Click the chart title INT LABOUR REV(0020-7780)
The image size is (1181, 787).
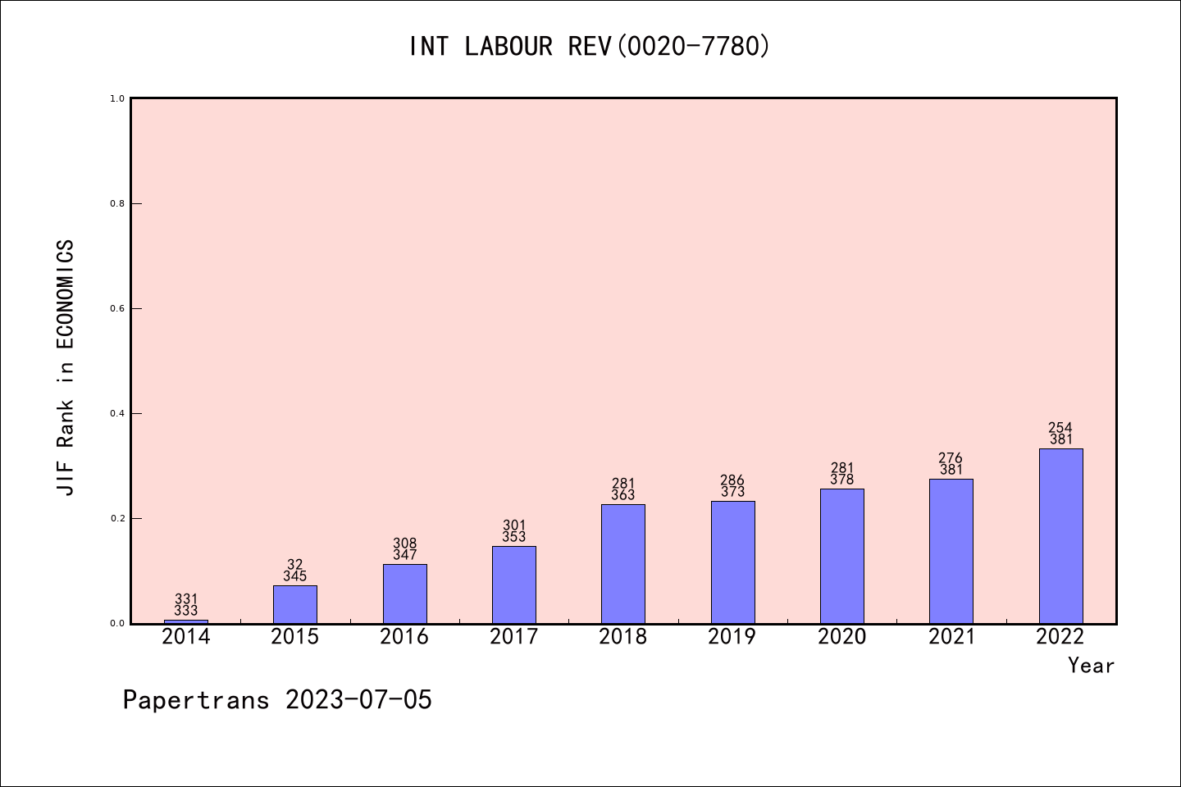(x=590, y=46)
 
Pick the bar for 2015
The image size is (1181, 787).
(x=295, y=604)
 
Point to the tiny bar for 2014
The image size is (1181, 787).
(x=186, y=621)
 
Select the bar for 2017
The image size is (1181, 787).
(x=514, y=585)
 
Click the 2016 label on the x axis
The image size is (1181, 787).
(x=404, y=637)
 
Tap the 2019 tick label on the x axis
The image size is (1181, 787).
(x=732, y=637)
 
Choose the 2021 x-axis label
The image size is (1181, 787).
(x=951, y=637)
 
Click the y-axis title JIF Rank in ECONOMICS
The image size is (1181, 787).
(x=66, y=367)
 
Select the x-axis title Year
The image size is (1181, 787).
(x=1091, y=666)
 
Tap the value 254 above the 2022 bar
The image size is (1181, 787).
(x=1060, y=428)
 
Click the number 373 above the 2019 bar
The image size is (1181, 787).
(x=732, y=492)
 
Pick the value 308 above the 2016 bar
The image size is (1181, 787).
(x=405, y=544)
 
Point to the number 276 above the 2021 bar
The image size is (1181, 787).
(x=951, y=458)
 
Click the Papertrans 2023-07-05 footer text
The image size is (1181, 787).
(x=277, y=700)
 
